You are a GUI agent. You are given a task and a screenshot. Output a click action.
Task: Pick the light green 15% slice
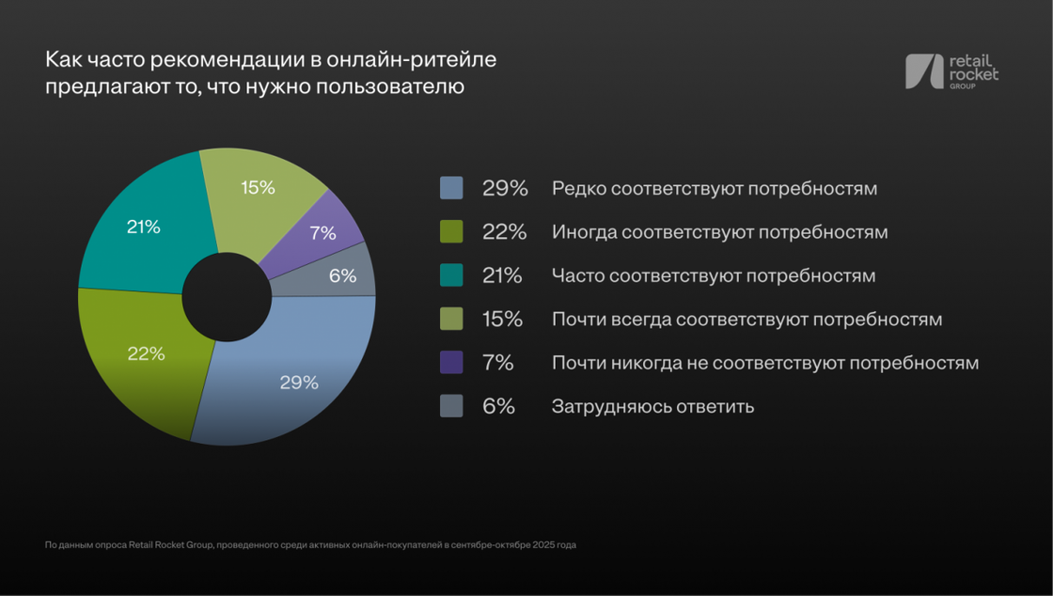point(254,193)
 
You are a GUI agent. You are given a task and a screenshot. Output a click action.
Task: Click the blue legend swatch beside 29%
point(451,188)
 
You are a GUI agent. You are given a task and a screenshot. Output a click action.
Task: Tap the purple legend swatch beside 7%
point(451,363)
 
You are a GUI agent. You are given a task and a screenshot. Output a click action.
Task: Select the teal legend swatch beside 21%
point(451,275)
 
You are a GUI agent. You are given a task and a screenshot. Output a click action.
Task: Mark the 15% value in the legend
point(502,320)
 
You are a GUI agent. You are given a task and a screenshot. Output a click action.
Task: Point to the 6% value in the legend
point(499,407)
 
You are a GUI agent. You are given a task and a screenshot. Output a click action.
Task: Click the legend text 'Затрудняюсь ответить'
point(652,407)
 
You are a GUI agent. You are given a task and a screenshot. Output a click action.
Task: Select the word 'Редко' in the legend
point(578,189)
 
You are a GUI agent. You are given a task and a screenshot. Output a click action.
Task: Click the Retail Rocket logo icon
point(923,72)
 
